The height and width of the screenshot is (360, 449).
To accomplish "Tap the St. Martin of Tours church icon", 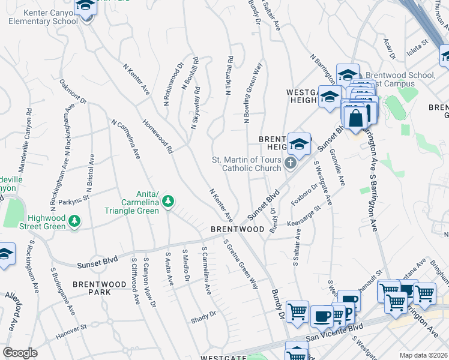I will coord(291,163).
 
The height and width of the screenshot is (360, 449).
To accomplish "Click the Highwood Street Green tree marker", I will coord(75,222).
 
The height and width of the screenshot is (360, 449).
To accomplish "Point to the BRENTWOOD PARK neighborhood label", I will coord(92,287).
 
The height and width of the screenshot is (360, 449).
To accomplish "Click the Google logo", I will coord(20,353).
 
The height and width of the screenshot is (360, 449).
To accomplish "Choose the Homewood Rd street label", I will coord(158,136).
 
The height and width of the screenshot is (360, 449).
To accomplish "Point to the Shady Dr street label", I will coord(204,314).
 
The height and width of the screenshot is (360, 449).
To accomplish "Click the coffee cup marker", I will coord(321,316).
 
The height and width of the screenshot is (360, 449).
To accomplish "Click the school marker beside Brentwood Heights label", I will coord(299,144).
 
